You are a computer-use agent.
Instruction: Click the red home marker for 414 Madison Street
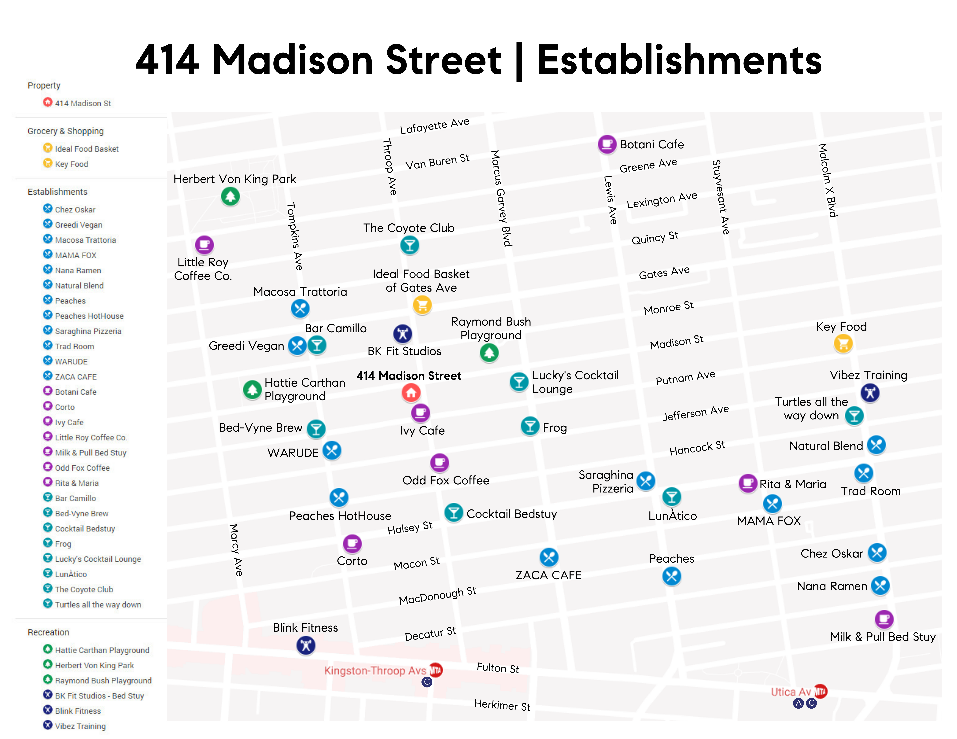click(411, 393)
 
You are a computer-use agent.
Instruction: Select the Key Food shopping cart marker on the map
click(843, 343)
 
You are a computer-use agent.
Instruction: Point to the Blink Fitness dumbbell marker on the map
click(306, 645)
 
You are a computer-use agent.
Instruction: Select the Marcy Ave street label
click(236, 550)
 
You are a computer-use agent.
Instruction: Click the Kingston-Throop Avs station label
click(375, 671)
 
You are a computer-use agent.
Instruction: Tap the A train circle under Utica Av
click(798, 703)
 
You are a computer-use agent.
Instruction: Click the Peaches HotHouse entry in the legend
click(89, 316)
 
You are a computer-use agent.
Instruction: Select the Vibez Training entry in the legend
click(80, 726)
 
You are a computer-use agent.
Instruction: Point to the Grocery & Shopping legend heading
click(66, 131)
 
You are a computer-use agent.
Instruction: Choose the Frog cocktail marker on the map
click(530, 426)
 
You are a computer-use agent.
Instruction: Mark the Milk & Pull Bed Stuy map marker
click(884, 619)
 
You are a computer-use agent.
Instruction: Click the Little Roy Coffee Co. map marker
click(204, 245)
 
